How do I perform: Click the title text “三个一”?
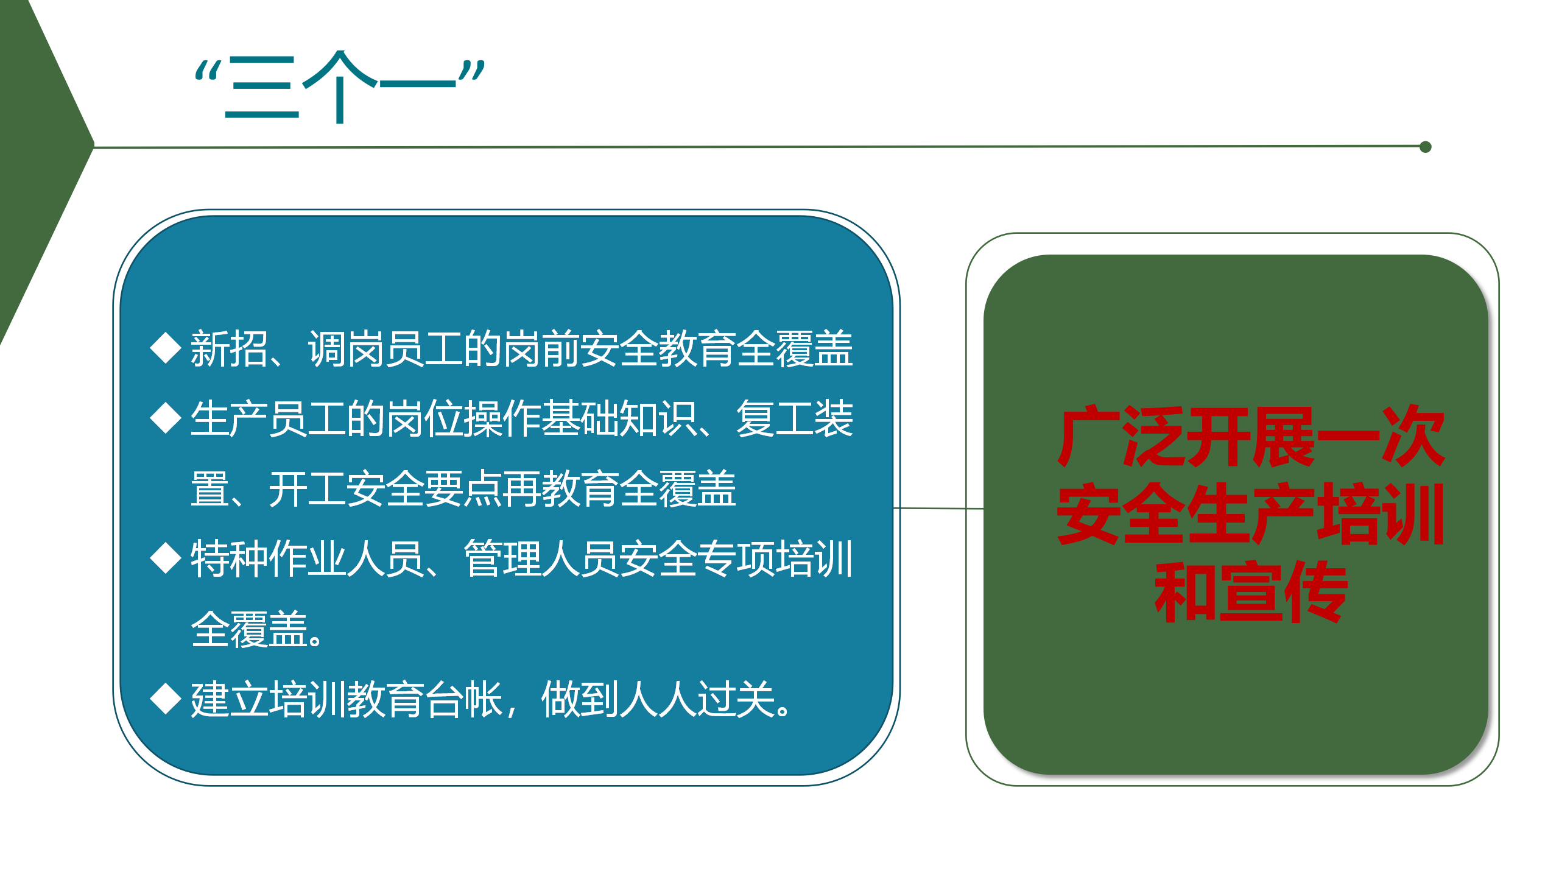point(340,87)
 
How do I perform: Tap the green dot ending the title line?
point(1425,147)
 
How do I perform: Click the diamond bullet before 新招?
point(166,348)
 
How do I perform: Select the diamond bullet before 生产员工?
point(166,418)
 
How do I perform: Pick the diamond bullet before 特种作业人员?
point(166,558)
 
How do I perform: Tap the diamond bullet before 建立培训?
point(166,699)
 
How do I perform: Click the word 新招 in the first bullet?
point(229,349)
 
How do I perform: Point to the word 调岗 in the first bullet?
point(346,349)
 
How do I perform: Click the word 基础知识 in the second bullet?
point(618,419)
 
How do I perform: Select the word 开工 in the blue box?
point(307,489)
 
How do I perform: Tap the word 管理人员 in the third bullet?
point(541,559)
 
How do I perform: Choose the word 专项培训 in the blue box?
point(775,559)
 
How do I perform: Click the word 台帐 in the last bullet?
point(463,699)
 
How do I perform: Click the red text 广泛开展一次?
point(1251,437)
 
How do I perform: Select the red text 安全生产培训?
point(1251,514)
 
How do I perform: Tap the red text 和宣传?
point(1251,591)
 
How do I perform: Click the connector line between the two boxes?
point(938,508)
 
